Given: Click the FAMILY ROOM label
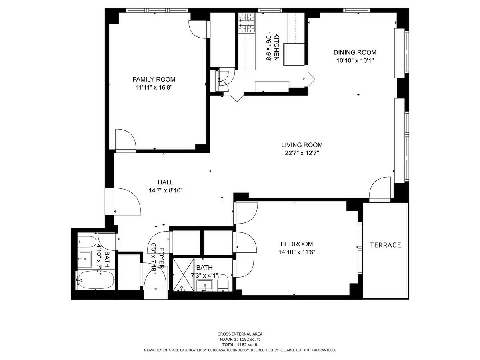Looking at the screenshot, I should click(154, 79).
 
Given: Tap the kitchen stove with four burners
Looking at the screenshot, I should click(247, 23).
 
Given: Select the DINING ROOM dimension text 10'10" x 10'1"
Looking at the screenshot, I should click(355, 61).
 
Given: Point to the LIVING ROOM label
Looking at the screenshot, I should click(302, 145).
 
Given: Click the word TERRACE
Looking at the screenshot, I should click(385, 245).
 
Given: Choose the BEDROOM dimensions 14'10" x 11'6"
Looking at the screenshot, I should click(296, 252).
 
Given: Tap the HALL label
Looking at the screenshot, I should click(165, 182).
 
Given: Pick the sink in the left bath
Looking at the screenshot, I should click(85, 259).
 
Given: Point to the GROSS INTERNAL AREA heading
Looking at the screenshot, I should click(240, 334).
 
